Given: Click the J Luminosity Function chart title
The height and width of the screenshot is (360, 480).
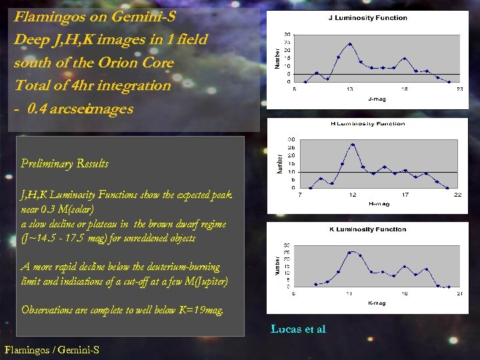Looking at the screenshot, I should pyautogui.click(x=367, y=18).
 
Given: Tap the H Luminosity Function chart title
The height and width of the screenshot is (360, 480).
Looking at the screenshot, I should pyautogui.click(x=367, y=124).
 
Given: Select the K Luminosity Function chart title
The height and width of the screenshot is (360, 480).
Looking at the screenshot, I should pyautogui.click(x=367, y=229).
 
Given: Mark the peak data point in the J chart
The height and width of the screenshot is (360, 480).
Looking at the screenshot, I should pyautogui.click(x=349, y=44).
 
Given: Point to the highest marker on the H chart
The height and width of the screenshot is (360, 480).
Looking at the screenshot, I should pyautogui.click(x=353, y=145).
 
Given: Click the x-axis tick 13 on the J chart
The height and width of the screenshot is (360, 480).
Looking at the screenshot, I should pyautogui.click(x=349, y=88).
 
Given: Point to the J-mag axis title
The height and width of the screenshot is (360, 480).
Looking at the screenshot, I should pyautogui.click(x=377, y=99).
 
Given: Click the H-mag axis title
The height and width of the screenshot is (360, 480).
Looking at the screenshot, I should pyautogui.click(x=378, y=204).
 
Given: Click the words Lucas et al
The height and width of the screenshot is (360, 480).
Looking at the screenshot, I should pyautogui.click(x=298, y=329).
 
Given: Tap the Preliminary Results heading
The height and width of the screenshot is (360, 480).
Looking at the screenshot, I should pyautogui.click(x=65, y=163).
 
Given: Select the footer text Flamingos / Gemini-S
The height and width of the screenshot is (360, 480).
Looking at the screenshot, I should pyautogui.click(x=52, y=349).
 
